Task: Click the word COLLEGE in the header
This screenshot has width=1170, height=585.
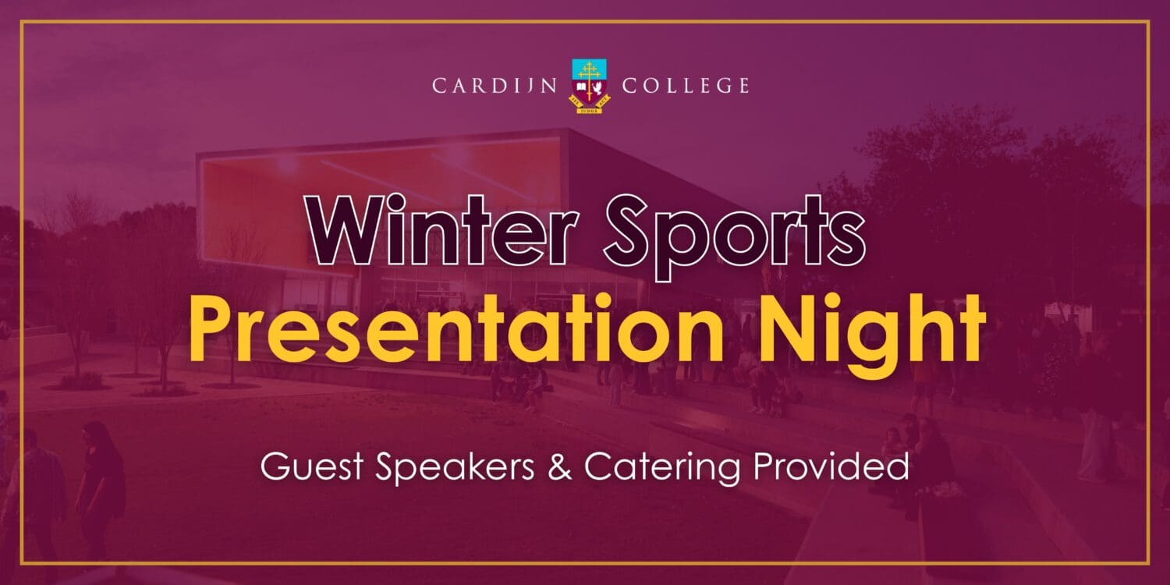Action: (686, 86)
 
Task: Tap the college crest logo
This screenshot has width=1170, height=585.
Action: (590, 86)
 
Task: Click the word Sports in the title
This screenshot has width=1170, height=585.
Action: (734, 238)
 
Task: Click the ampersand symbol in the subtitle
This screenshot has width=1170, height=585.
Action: (559, 466)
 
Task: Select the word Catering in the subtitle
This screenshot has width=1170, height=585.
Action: (661, 468)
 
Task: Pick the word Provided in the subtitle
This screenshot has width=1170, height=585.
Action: (831, 466)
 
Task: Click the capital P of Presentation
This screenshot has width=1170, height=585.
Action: (215, 328)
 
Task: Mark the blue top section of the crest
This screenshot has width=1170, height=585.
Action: (590, 68)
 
